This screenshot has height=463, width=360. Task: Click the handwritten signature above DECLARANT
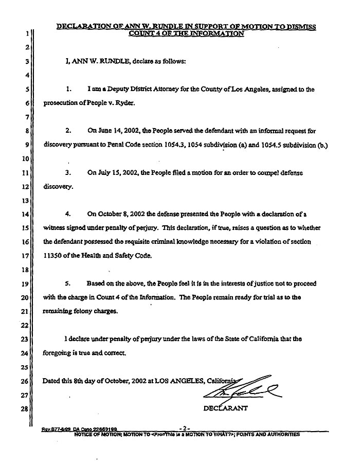click(x=242, y=390)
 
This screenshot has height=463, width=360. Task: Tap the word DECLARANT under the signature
click(x=226, y=409)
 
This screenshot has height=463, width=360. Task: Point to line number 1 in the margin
click(x=25, y=34)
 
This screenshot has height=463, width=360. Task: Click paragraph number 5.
click(x=67, y=283)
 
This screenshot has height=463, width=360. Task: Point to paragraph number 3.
click(x=67, y=173)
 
